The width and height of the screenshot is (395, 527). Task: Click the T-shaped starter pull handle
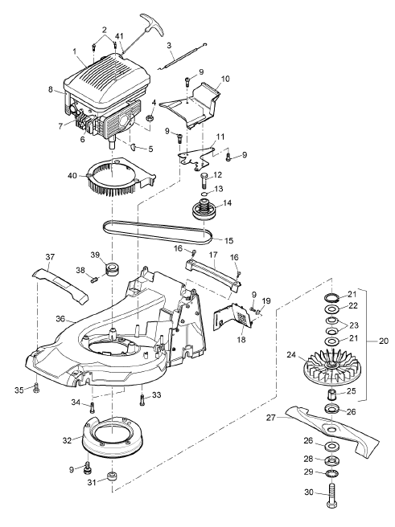[153, 23]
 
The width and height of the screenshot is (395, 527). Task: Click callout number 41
[119, 36]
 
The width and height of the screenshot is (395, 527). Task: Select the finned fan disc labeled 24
[331, 366]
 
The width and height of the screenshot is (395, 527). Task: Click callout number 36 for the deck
[60, 319]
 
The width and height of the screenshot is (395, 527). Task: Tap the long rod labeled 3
[183, 57]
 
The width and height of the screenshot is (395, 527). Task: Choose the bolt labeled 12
[204, 180]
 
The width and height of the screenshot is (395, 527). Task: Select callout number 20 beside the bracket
[383, 341]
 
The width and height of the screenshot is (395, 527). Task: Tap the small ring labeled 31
[112, 476]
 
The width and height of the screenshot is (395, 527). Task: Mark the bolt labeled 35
[36, 388]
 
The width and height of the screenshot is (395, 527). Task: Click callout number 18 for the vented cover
[241, 340]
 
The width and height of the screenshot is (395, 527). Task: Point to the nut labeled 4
[150, 117]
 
